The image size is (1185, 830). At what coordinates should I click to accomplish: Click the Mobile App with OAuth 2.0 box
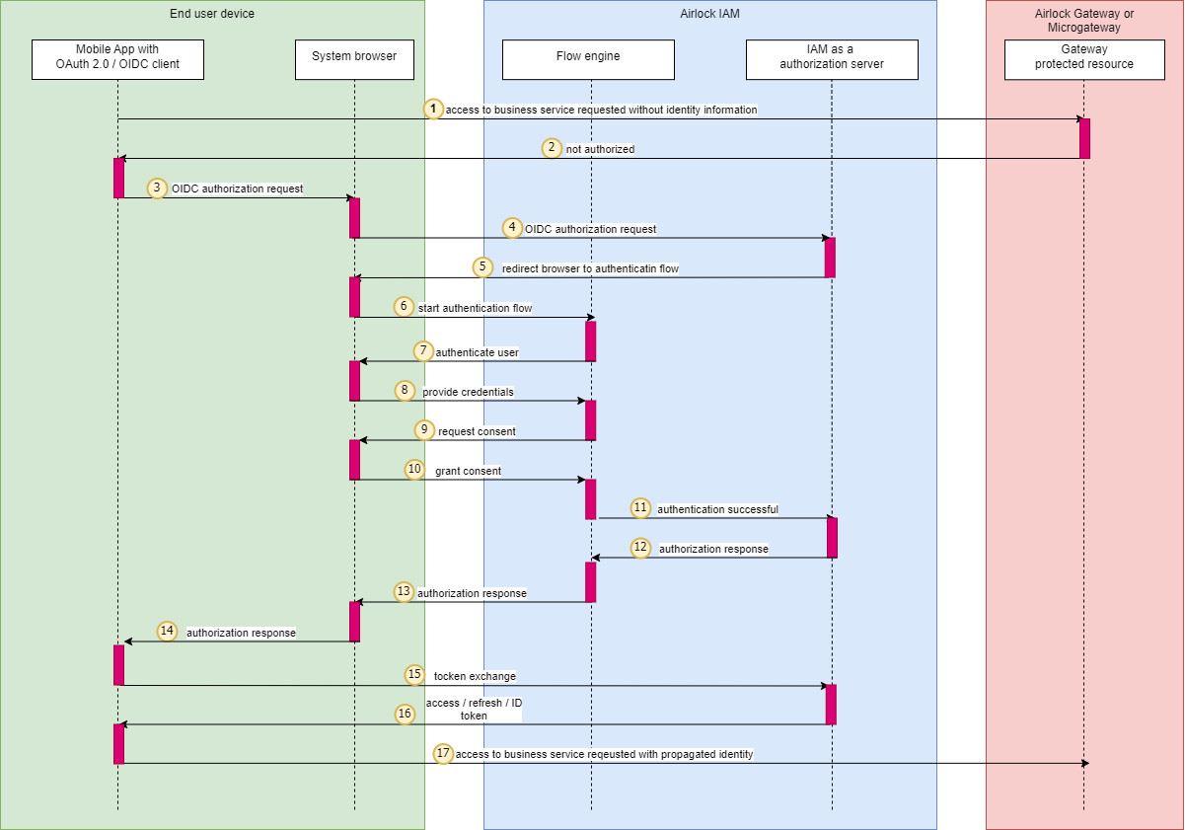tap(117, 59)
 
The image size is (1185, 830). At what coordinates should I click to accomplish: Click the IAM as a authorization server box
tap(832, 59)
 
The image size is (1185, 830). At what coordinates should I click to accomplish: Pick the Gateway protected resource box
tap(1083, 59)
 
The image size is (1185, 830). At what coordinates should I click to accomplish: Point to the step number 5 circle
tap(481, 266)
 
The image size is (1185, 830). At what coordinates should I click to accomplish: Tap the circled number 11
tap(640, 508)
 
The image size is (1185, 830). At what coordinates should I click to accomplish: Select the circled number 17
tap(443, 753)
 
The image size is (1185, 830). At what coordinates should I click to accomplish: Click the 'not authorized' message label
tap(600, 149)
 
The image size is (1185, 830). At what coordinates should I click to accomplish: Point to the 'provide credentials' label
tap(468, 392)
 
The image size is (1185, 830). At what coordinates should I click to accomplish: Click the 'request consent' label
tap(477, 431)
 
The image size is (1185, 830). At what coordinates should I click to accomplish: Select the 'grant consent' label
tap(468, 471)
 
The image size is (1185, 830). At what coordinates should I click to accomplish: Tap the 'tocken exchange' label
tap(475, 676)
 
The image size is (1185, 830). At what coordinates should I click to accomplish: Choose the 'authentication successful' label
tap(717, 509)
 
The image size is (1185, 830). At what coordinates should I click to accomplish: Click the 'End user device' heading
tap(212, 14)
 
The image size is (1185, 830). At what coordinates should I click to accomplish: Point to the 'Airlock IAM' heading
tap(709, 14)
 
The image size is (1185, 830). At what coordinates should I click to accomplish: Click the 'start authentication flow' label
tap(475, 308)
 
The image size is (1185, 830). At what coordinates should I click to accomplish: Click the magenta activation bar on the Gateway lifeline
tap(1084, 138)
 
